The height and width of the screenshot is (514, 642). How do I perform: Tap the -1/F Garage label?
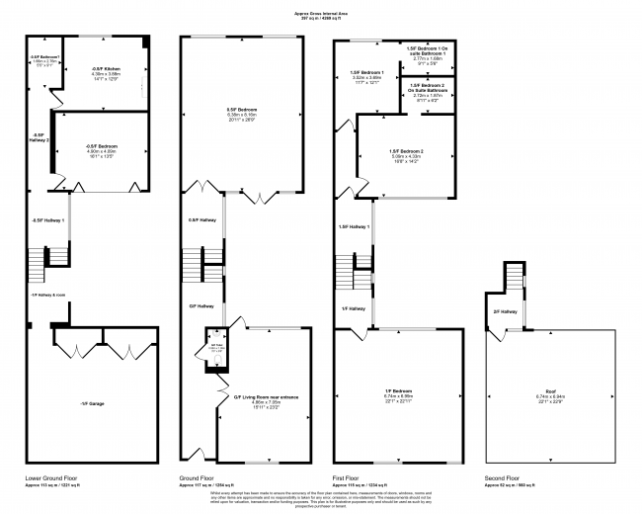tap(92, 403)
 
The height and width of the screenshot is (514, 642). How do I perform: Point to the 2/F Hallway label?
tap(505, 311)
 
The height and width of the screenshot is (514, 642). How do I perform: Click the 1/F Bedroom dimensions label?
tap(399, 396)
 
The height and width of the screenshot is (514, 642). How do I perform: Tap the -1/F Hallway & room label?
tap(47, 295)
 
